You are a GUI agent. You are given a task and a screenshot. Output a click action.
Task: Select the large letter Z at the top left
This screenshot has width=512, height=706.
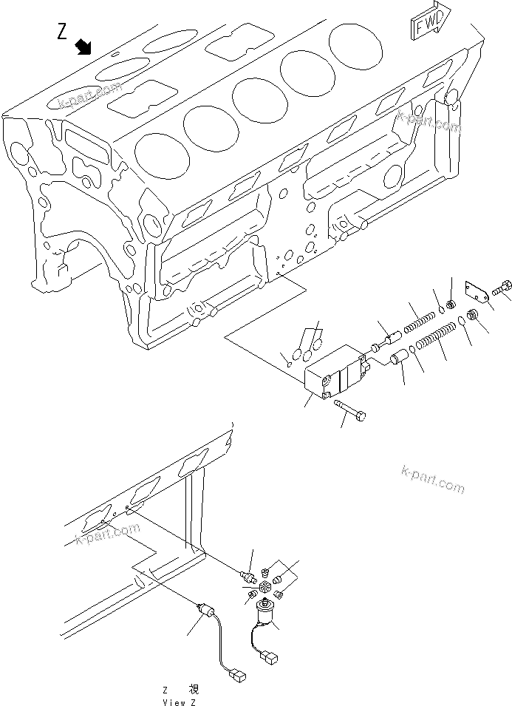[64, 31]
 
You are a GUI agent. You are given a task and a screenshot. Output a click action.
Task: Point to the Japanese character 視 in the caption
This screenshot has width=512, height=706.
[195, 688]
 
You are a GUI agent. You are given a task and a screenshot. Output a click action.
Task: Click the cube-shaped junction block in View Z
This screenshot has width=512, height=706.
[263, 587]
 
